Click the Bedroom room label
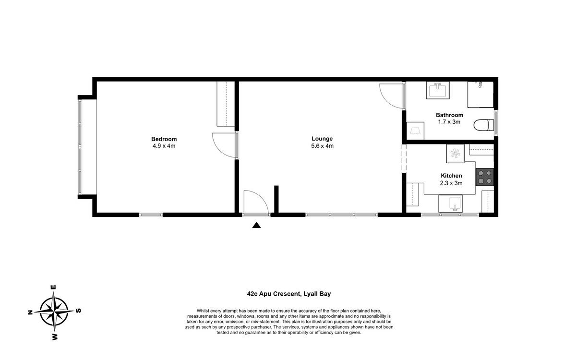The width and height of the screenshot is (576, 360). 164,139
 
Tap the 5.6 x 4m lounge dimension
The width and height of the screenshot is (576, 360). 322,146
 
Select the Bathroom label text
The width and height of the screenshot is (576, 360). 449,115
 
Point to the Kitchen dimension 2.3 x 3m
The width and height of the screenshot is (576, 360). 451,183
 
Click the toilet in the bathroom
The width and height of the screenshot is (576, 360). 484,125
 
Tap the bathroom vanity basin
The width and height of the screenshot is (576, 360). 438,90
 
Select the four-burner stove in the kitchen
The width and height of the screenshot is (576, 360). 485,177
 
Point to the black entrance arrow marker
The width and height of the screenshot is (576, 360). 256,225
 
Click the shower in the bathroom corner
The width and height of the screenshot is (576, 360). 480,95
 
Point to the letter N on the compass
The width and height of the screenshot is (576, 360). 30,312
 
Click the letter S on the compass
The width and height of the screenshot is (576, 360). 79,311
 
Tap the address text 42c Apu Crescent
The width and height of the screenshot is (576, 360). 274,294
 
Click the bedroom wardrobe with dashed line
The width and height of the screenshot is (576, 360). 226,104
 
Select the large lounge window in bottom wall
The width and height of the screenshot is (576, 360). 341,215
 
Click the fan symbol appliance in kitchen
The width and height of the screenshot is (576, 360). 455,154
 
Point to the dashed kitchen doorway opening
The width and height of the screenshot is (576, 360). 404,158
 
